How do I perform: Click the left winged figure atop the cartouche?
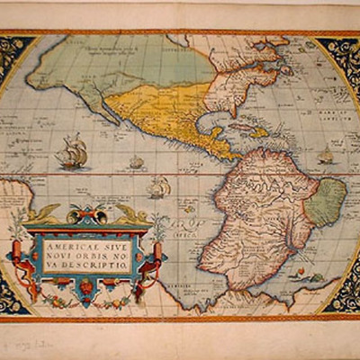43,215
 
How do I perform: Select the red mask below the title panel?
86,287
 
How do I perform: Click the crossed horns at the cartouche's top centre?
86,215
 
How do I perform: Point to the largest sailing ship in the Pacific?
71,152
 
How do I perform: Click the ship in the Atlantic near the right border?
325,157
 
